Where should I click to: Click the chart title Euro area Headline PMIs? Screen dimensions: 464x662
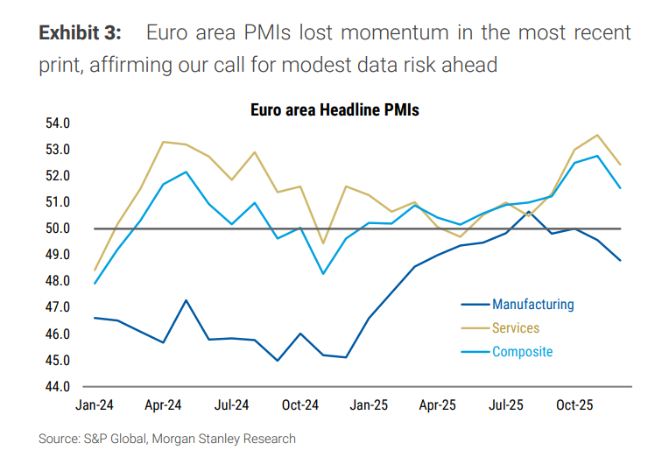335,110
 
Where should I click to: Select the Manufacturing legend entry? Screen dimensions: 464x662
532,305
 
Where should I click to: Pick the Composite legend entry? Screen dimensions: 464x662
522,352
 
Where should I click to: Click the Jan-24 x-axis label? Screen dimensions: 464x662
95,406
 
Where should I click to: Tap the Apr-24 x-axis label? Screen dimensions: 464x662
162,406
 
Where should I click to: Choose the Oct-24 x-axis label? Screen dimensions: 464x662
299,406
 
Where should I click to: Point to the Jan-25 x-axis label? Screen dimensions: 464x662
369,406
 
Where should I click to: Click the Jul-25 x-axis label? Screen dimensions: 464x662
505,406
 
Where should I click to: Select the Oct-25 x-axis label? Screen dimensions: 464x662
574,406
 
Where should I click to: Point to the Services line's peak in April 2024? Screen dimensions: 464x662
164,142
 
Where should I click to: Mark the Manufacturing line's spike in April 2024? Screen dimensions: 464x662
186,300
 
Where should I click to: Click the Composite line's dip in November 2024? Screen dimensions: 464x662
323,274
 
